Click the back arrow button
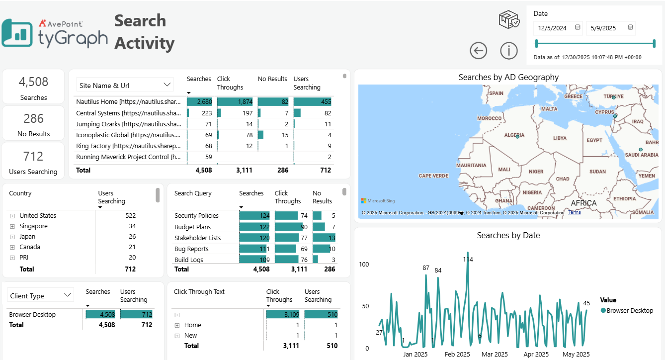click(x=479, y=50)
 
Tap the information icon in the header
click(x=509, y=50)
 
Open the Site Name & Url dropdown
click(x=124, y=85)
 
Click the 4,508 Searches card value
click(x=33, y=82)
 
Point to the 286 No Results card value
click(x=33, y=118)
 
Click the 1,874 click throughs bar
click(x=235, y=101)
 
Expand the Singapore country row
click(x=12, y=226)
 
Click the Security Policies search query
click(x=196, y=215)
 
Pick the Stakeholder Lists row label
click(x=197, y=238)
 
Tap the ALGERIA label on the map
click(x=514, y=135)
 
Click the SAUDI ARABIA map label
click(x=641, y=155)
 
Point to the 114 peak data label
click(x=468, y=259)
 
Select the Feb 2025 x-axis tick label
click(x=457, y=354)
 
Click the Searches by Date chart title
click(x=508, y=235)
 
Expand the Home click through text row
click(x=177, y=325)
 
